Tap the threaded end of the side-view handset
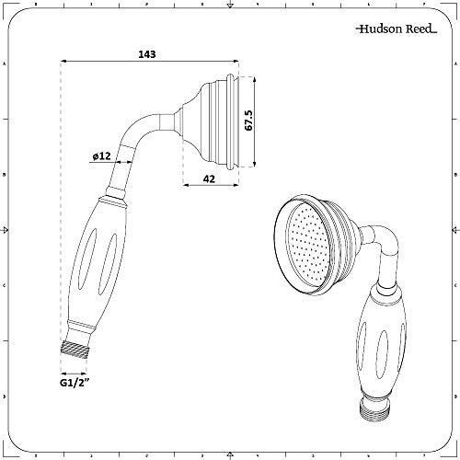pos(81,349)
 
